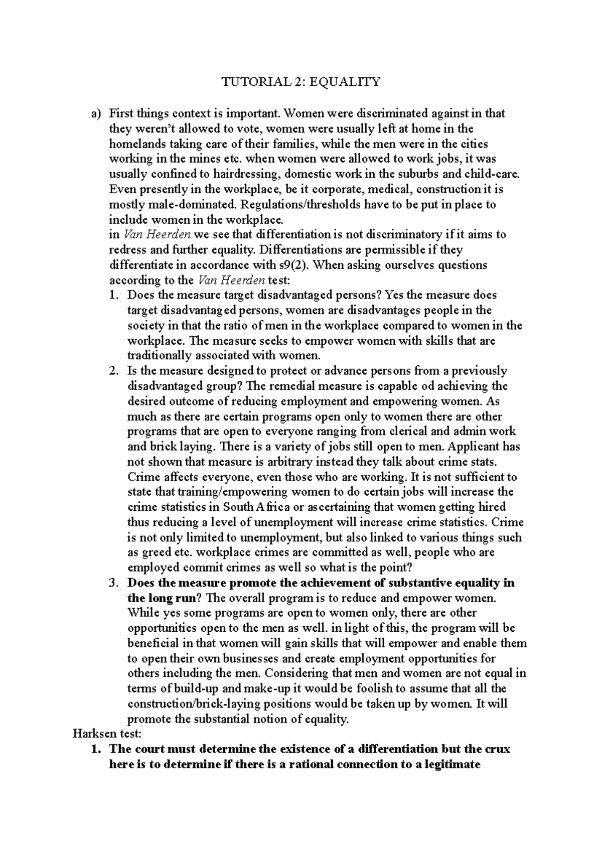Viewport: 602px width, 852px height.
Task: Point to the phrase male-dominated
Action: (192, 205)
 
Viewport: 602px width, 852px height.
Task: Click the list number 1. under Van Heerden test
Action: (113, 296)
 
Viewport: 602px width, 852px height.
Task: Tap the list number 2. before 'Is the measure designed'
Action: (113, 371)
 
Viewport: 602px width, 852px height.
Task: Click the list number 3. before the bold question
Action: (113, 583)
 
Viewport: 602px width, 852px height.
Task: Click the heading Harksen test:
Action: (107, 734)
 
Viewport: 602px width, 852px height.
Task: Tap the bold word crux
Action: (498, 749)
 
